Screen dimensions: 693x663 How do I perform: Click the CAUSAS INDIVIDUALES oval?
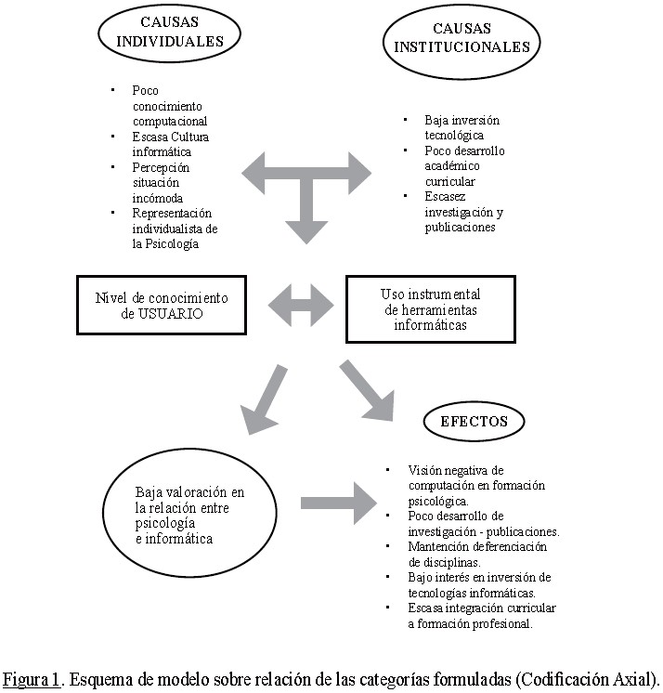pyautogui.click(x=170, y=33)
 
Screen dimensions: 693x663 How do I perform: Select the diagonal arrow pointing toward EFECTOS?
pyautogui.click(x=369, y=386)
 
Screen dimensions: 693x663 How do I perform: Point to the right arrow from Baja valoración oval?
pyautogui.click(x=334, y=503)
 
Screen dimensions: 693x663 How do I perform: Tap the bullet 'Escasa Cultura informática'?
pyautogui.click(x=170, y=144)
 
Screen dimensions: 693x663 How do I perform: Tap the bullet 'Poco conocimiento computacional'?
pyautogui.click(x=169, y=105)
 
